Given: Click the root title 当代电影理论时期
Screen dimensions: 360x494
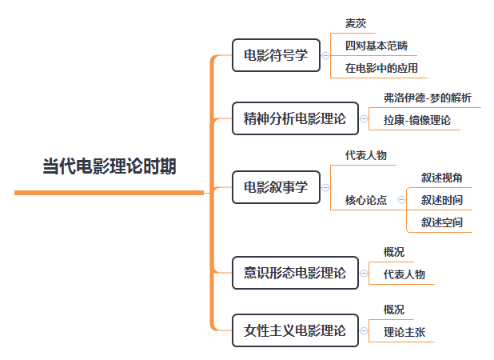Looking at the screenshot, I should [x=110, y=167].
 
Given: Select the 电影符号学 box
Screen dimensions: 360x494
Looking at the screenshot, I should [x=275, y=55].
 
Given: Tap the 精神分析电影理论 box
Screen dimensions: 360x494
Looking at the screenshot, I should [x=294, y=119].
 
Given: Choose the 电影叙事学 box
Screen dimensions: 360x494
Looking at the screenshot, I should [x=275, y=187].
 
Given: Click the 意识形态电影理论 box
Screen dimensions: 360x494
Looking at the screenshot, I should [x=294, y=273].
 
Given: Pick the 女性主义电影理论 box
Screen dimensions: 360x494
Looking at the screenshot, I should [x=294, y=330].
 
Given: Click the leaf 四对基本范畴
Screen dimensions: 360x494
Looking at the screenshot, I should [x=376, y=46].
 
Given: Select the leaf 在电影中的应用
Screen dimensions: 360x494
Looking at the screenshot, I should [x=380, y=68].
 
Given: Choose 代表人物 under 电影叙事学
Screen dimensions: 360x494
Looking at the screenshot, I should [x=365, y=155].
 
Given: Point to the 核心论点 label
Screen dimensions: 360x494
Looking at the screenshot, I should [x=365, y=200].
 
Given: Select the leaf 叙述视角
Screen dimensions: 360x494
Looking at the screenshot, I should [x=441, y=178].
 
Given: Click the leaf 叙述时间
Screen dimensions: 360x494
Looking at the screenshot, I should [x=441, y=200].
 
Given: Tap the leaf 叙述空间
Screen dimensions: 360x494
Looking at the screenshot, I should [x=441, y=222].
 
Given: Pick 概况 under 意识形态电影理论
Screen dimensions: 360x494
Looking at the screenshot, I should [x=393, y=252].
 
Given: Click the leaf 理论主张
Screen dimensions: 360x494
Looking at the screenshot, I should [x=404, y=332].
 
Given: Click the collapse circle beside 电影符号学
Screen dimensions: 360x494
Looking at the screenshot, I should [x=325, y=55].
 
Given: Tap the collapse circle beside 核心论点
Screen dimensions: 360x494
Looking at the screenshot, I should [x=400, y=200].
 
